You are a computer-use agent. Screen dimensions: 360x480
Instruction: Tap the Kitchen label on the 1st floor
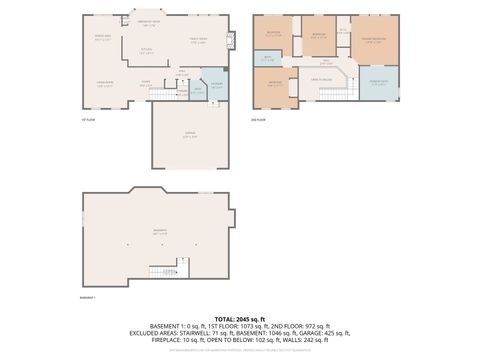(147, 50)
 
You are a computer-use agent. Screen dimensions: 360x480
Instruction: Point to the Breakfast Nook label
(150, 24)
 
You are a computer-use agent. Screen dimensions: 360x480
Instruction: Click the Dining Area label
(102, 38)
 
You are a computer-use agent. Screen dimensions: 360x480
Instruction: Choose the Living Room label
(104, 84)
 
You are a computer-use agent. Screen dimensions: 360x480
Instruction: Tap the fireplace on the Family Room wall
(231, 41)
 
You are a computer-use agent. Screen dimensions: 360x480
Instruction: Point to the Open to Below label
(321, 79)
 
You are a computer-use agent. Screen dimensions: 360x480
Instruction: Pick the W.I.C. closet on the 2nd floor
(343, 31)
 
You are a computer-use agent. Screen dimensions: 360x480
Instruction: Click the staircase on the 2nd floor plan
(333, 94)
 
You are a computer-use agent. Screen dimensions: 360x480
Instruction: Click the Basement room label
(159, 231)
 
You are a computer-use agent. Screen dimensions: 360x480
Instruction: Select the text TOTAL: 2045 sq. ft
(240, 317)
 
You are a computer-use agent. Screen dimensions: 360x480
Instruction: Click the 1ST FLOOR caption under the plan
(87, 118)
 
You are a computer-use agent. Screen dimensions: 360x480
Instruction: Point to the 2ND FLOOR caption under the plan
(258, 118)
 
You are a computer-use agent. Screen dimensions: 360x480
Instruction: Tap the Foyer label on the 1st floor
(146, 83)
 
